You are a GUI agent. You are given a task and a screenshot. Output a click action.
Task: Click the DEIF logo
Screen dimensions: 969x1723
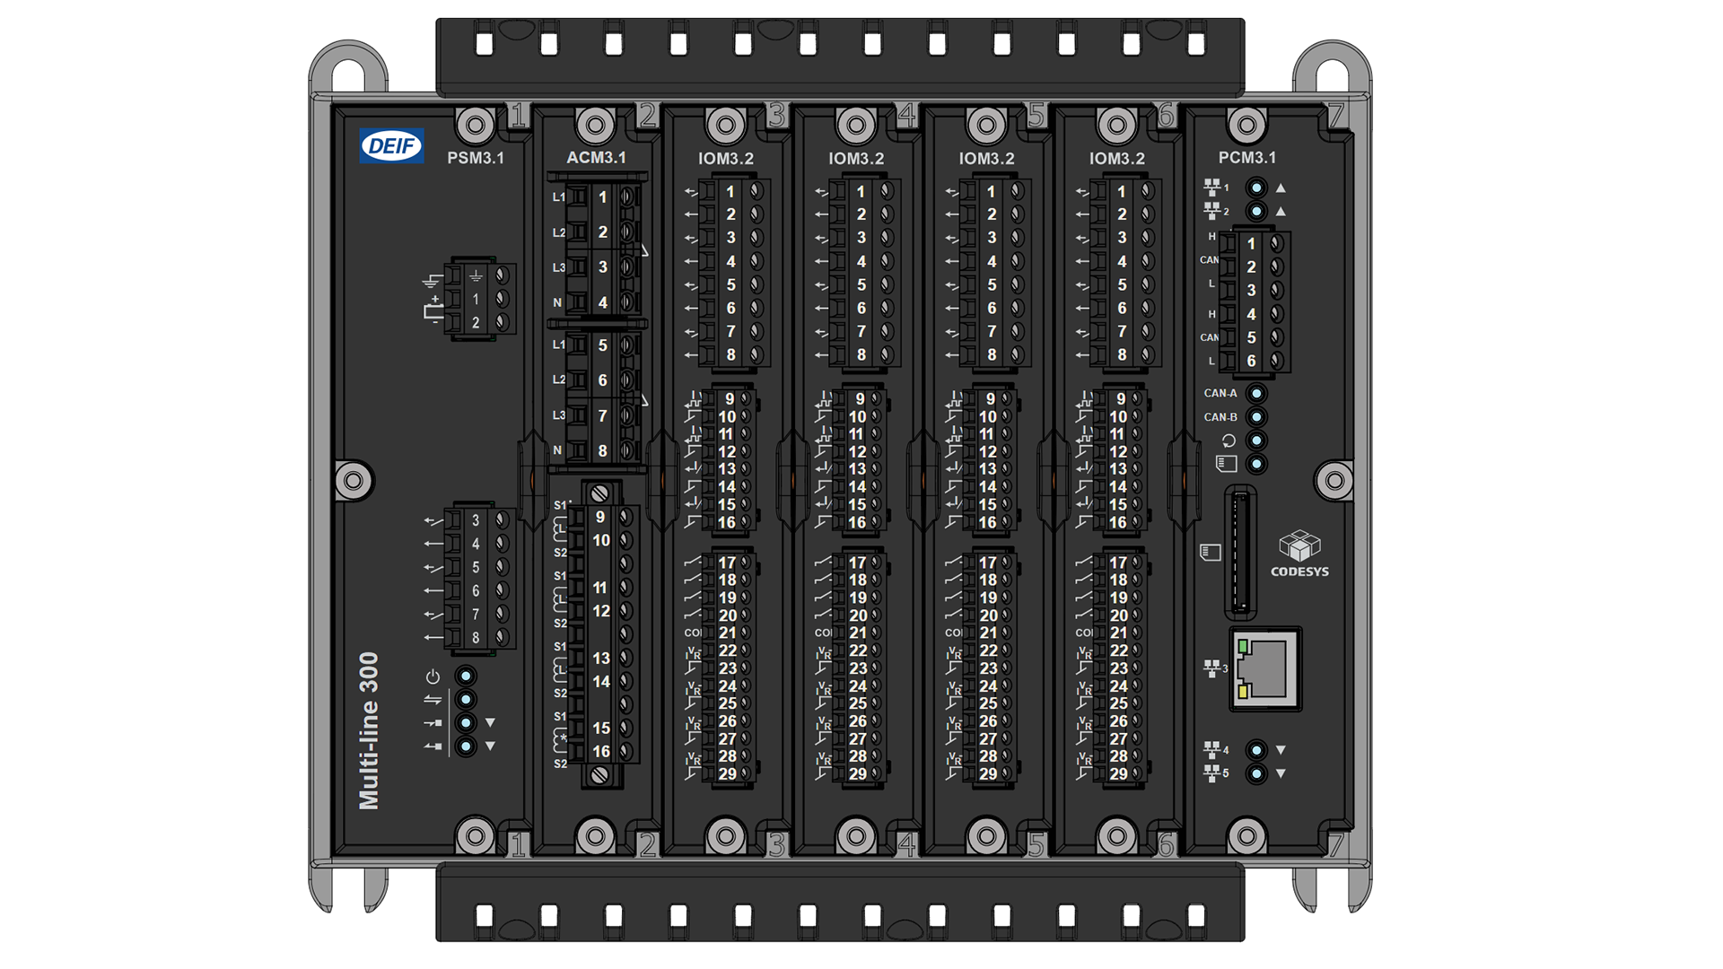point(391,146)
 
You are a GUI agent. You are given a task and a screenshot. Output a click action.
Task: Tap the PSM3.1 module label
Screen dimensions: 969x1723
point(476,158)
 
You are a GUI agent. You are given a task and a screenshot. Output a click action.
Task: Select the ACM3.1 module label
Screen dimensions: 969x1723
point(596,157)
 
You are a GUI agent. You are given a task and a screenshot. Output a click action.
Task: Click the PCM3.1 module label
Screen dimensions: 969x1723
point(1246,157)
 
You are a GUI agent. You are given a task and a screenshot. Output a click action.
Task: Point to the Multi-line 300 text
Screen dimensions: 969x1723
point(369,730)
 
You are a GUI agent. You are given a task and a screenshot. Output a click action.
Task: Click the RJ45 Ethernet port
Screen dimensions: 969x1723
point(1265,668)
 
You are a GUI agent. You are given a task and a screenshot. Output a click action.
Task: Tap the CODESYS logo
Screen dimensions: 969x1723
point(1299,553)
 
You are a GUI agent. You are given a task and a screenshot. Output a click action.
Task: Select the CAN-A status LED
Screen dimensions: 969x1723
point(1256,393)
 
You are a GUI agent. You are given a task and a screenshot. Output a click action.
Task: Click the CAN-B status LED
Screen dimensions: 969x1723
point(1256,417)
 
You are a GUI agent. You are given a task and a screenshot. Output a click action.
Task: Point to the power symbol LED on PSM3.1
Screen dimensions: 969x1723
point(465,676)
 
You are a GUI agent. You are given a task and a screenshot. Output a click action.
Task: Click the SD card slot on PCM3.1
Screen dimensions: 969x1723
point(1240,552)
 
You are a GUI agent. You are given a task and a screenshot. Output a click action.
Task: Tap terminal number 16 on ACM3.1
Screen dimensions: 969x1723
point(601,752)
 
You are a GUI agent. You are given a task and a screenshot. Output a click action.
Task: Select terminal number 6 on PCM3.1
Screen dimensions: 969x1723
point(1251,361)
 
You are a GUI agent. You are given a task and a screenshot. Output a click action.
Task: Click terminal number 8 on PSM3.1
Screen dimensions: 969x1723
point(476,638)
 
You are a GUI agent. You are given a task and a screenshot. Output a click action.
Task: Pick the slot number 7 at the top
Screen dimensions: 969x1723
point(1336,115)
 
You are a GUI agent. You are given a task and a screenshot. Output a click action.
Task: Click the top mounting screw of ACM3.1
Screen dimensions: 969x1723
point(595,125)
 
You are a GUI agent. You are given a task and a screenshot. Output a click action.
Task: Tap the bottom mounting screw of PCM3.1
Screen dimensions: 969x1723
point(1246,836)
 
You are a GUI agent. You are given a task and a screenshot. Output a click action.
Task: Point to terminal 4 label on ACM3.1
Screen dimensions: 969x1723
point(603,303)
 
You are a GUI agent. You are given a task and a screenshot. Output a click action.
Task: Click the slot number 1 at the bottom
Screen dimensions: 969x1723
point(518,845)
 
